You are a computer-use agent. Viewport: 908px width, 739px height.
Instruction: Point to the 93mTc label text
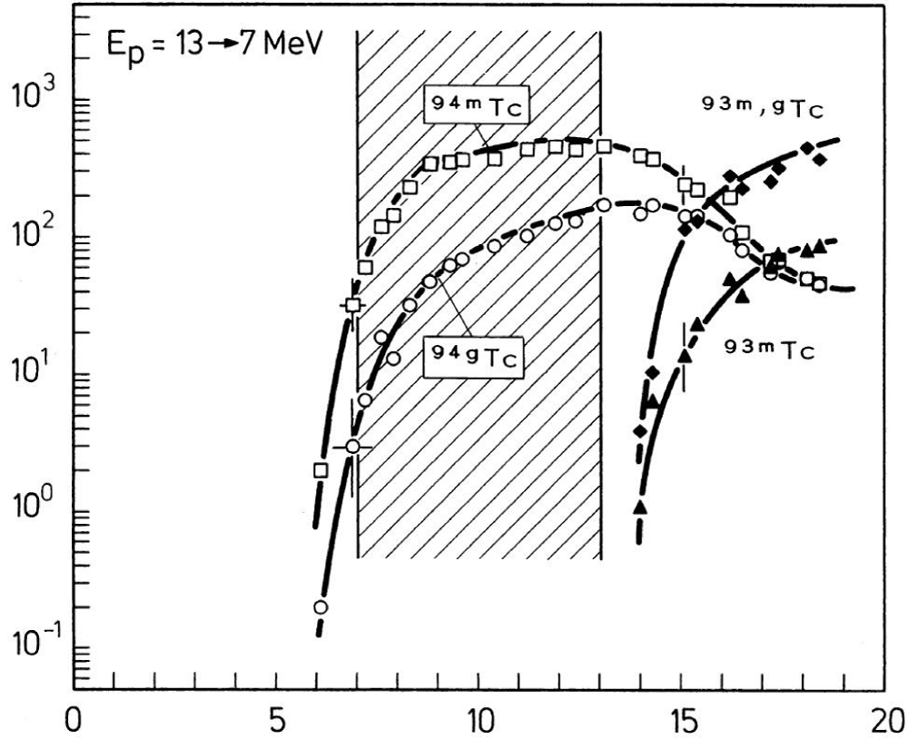click(772, 346)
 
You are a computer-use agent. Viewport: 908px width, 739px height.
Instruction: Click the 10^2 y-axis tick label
click(35, 234)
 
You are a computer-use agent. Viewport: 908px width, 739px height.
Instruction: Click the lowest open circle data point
click(321, 607)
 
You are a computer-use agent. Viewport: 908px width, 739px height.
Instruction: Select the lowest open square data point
click(321, 470)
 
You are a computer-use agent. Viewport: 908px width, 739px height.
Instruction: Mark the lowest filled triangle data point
click(640, 507)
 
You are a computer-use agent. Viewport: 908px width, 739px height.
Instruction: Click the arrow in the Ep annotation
click(223, 44)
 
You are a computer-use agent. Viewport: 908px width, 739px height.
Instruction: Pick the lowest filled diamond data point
click(640, 430)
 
